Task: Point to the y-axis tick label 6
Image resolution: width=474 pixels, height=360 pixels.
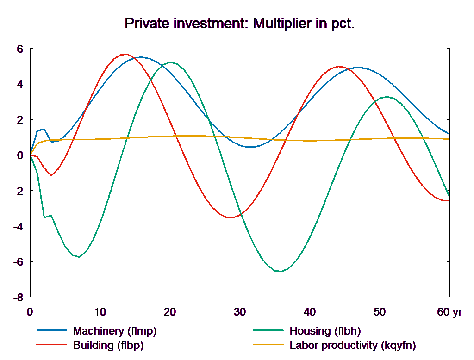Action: click(20, 49)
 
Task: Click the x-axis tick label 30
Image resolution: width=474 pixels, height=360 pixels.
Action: click(239, 312)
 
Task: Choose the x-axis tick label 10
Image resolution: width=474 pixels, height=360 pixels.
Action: click(100, 312)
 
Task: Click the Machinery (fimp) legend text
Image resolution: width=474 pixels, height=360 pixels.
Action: click(115, 331)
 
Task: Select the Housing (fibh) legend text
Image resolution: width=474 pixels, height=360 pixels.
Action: click(325, 331)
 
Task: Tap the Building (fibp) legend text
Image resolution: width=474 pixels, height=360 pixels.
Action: click(108, 345)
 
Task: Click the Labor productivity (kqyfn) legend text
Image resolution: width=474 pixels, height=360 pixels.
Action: click(353, 345)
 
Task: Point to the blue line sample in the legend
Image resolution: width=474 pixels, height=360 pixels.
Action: click(52, 331)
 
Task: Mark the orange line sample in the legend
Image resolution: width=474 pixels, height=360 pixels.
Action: click(268, 345)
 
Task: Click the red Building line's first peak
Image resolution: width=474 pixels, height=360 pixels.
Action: click(125, 54)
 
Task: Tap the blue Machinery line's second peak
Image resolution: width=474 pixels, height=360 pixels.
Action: click(359, 68)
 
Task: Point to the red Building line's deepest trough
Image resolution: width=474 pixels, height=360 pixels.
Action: click(231, 217)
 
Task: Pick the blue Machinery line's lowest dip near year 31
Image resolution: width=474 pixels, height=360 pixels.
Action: click(250, 147)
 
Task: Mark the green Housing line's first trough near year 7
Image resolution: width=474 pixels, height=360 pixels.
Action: click(79, 257)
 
